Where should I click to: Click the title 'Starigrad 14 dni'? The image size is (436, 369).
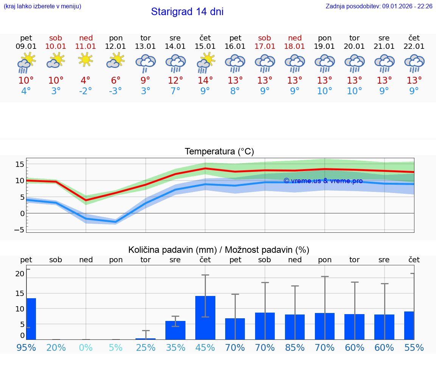click(x=187, y=12)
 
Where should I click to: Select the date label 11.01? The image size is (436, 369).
click(x=86, y=47)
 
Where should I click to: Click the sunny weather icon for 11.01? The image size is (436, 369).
click(x=86, y=59)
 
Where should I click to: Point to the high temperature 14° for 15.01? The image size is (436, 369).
click(x=205, y=80)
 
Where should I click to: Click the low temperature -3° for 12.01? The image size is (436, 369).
click(x=115, y=91)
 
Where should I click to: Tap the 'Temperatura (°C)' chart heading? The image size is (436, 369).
click(x=219, y=152)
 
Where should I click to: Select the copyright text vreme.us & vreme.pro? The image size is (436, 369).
click(x=323, y=181)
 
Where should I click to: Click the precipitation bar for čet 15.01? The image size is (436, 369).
click(x=205, y=318)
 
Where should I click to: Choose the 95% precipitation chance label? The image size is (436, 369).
click(x=26, y=347)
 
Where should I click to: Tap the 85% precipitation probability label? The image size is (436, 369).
click(x=294, y=347)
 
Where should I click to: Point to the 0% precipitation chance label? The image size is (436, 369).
click(x=86, y=347)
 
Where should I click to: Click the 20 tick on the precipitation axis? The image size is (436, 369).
click(x=20, y=274)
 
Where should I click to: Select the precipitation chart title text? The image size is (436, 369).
click(x=219, y=250)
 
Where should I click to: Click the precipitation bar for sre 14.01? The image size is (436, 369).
click(x=175, y=330)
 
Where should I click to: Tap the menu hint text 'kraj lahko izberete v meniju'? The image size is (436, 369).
click(x=42, y=6)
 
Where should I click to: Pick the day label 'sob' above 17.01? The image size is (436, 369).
click(x=265, y=38)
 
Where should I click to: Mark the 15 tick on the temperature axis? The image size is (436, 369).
click(x=20, y=164)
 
